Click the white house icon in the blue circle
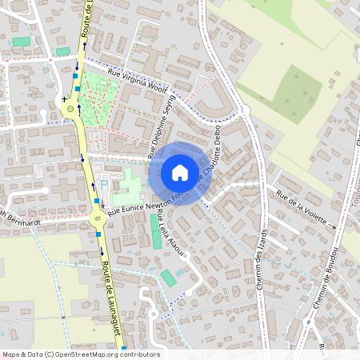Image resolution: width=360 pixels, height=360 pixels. pyautogui.click(x=179, y=173)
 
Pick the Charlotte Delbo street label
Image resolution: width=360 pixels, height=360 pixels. pyautogui.click(x=213, y=156)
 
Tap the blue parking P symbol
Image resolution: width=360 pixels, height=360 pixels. pyautogui.click(x=104, y=183)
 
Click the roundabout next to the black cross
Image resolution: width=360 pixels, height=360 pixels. pyautogui.click(x=73, y=109)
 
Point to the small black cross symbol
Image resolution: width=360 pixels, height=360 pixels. pyautogui.click(x=64, y=101)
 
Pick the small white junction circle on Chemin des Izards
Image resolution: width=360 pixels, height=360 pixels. pyautogui.click(x=244, y=110)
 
